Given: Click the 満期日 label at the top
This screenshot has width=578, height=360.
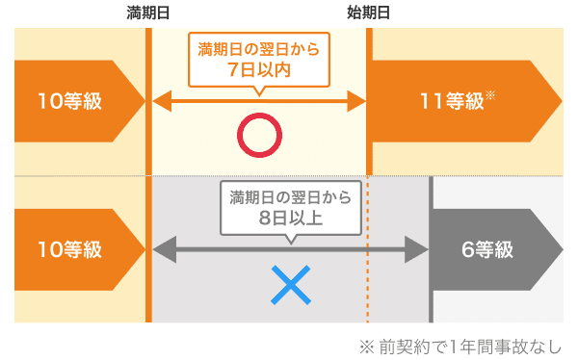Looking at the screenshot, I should tap(148, 13).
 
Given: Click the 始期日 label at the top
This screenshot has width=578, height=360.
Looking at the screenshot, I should tap(369, 13).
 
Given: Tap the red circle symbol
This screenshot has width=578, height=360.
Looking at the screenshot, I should tap(258, 136).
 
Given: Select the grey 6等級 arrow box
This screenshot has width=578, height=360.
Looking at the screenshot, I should tap(496, 250).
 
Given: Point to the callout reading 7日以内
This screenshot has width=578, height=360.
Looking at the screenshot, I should tap(258, 60).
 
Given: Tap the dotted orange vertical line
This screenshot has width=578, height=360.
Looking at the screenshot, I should tap(368, 289).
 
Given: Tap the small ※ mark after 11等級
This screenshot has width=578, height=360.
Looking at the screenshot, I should tap(490, 95).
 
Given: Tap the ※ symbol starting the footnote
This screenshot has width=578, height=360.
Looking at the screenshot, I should tap(365, 345).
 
